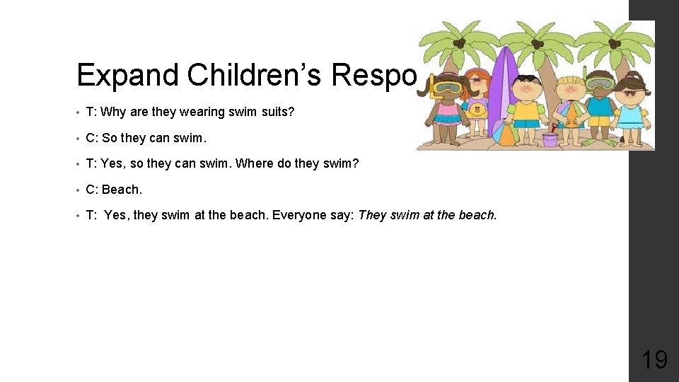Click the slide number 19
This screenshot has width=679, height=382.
pos(654,360)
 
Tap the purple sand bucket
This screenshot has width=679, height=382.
pos(550,139)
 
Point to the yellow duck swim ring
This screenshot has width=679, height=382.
pos(478,110)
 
